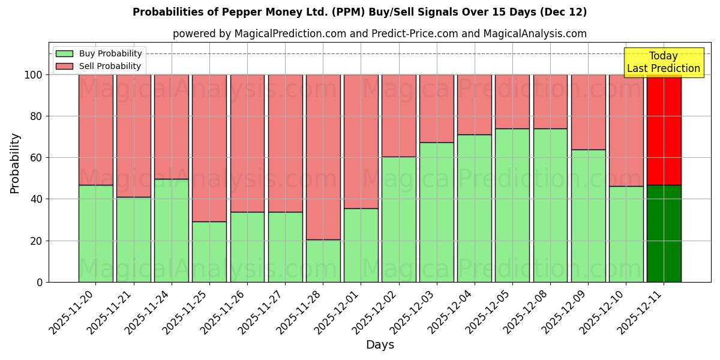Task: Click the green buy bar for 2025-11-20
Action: (95, 233)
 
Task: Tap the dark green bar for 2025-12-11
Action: (664, 233)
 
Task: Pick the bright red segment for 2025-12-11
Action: (664, 130)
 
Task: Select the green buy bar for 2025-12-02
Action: (398, 219)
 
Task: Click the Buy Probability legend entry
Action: (99, 53)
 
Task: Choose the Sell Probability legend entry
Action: (99, 66)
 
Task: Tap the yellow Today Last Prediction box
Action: (663, 62)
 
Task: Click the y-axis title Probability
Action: (15, 163)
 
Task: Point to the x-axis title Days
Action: (380, 345)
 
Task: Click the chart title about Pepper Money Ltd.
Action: (360, 12)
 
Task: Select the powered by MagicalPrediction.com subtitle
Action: (380, 34)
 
